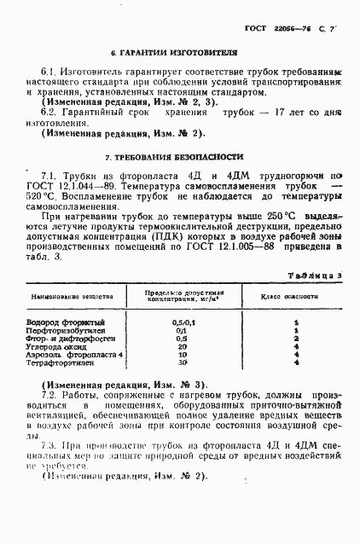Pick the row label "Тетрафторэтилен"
click(59, 362)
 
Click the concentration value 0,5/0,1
click(179, 322)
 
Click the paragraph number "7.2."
click(48, 397)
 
